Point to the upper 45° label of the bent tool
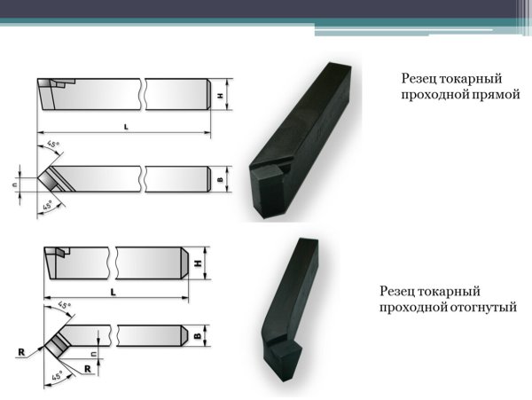click(65, 305)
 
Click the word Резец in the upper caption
click(419, 79)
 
